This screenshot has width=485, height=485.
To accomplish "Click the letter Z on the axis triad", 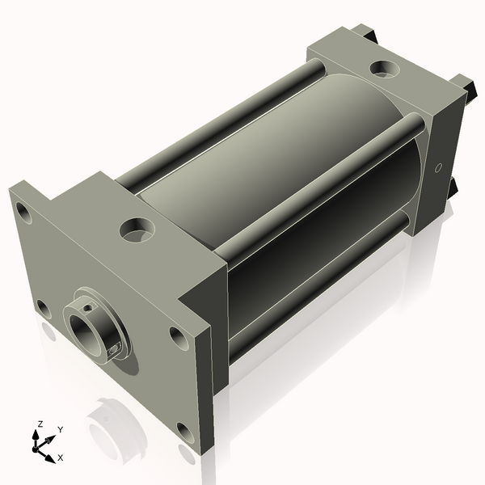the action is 40,424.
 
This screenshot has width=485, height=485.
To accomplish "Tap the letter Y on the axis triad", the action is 61,430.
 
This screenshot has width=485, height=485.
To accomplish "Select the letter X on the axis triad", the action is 61,458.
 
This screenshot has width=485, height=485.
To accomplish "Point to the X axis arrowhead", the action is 50,458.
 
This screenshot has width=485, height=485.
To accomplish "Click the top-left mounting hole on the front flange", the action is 23,213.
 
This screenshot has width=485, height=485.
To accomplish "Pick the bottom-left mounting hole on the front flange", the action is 44,309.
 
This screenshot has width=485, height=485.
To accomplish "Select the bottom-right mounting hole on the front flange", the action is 186,432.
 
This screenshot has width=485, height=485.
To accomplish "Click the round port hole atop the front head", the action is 137,230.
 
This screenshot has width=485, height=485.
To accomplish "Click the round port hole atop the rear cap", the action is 385,69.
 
